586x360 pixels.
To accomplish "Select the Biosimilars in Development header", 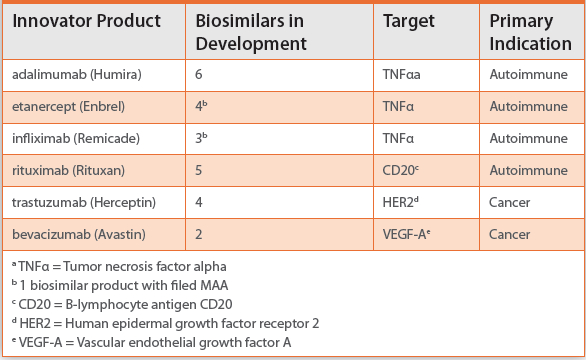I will coord(250,33).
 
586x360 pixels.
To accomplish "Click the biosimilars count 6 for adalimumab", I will coord(199,75).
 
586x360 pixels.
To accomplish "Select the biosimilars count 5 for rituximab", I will coord(199,170).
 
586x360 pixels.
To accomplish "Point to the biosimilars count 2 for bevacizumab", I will coord(199,234).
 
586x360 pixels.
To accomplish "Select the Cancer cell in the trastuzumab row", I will coord(510,202).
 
